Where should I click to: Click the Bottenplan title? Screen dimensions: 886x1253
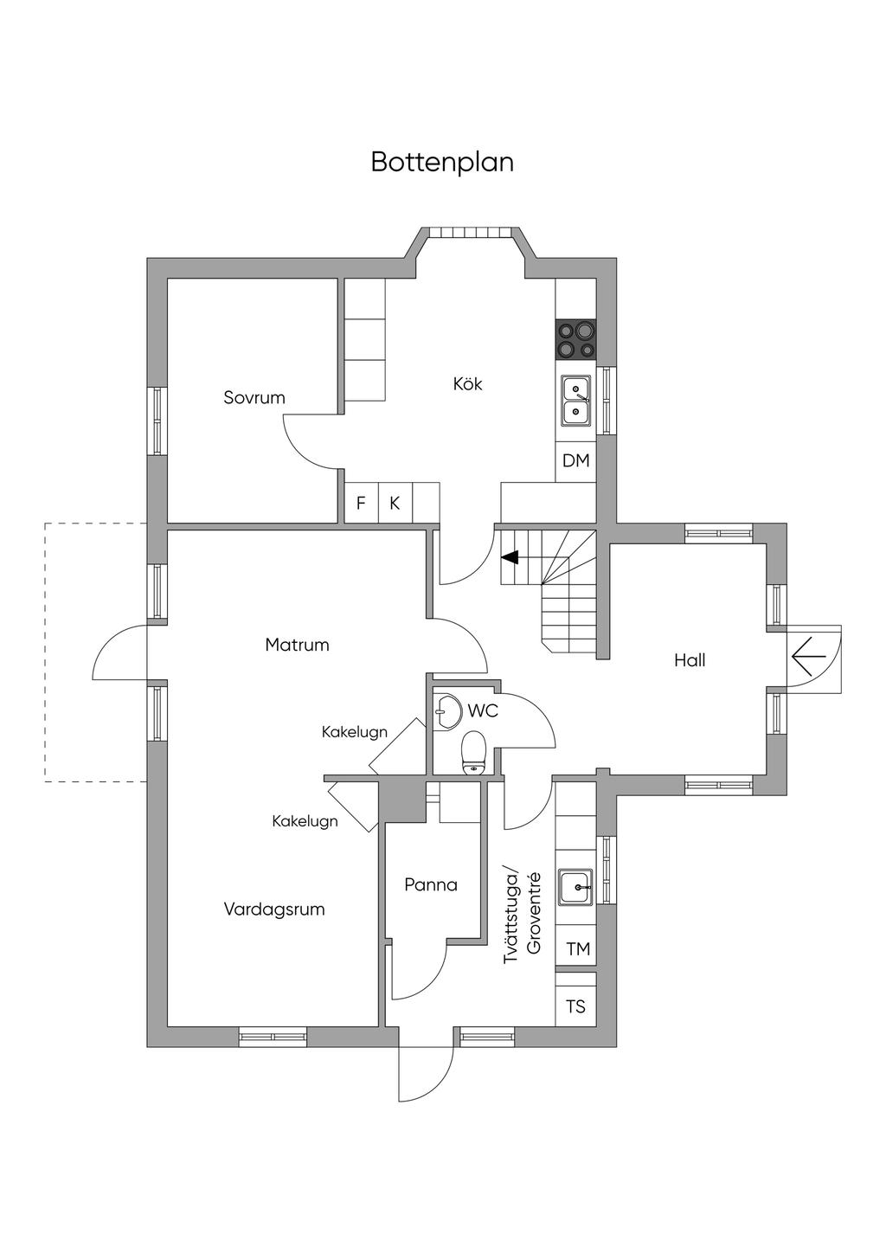pos(442,163)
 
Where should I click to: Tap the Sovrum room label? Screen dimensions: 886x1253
pos(254,398)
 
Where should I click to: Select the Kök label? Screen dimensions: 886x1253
pos(467,383)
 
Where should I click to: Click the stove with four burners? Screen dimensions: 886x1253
pos(575,339)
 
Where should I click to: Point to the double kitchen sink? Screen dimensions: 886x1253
pos(575,401)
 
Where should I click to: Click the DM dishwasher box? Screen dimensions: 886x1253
pos(575,461)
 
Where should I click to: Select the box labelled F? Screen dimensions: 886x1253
pos(362,503)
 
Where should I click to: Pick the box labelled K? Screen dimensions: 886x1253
pos(395,503)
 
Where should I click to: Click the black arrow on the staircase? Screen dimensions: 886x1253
pos(510,557)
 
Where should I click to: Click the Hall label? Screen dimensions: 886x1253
pos(689,660)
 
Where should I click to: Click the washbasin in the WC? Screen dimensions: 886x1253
pos(446,711)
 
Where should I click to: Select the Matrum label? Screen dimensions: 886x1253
pos(297,645)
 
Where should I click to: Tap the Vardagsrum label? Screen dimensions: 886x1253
pos(274,909)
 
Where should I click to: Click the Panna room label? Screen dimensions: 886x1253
pos(431,884)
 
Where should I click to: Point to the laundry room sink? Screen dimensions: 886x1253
pos(575,887)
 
